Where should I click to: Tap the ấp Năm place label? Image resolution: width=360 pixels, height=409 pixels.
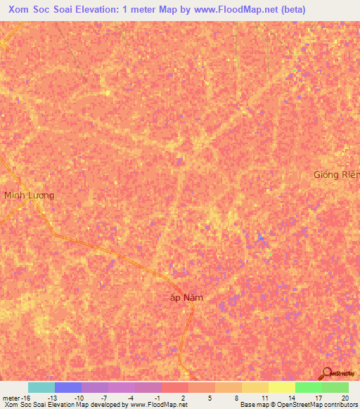(187, 297)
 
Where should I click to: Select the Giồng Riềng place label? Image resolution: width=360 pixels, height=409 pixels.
(337, 174)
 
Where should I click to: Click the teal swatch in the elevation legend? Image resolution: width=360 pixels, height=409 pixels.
(41, 387)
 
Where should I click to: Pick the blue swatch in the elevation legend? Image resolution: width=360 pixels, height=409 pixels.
(68, 387)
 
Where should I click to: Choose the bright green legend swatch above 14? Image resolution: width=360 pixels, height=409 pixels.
(309, 387)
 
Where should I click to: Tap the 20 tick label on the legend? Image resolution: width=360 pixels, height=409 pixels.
(344, 398)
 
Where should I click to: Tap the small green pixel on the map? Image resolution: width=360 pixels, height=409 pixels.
(270, 254)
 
